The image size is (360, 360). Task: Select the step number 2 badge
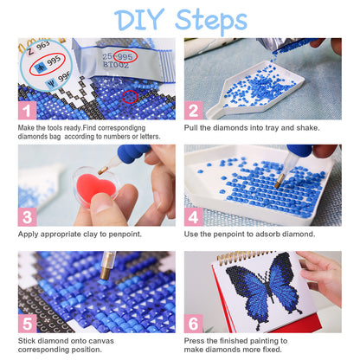coord(193,110)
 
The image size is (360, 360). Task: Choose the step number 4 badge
coord(193,217)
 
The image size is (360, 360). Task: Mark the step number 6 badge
coord(193,323)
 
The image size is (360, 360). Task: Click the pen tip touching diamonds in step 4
coord(278,185)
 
